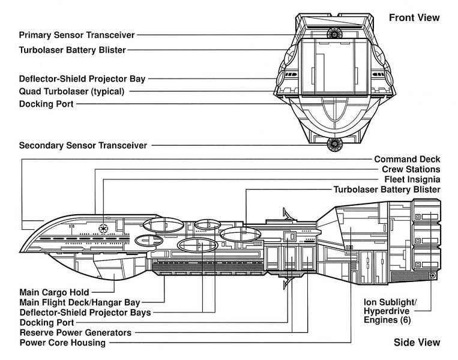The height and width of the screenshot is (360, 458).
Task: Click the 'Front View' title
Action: coord(414,17)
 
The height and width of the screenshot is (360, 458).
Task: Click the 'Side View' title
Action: coord(417,342)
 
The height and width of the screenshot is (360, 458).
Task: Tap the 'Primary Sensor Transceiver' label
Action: coord(77,35)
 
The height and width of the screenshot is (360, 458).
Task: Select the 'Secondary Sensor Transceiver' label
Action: coord(83,145)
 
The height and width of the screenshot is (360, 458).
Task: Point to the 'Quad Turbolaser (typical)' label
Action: coord(71,91)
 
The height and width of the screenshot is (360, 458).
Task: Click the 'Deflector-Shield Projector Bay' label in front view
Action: coord(82,79)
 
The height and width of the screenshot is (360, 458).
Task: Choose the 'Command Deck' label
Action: coord(407,159)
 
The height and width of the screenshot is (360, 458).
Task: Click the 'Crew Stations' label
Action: coord(411,169)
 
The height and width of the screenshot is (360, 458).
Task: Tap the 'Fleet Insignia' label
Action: coord(412,179)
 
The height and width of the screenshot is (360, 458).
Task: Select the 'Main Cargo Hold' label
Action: coord(54,292)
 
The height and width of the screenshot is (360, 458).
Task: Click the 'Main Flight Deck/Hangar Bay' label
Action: coord(80,302)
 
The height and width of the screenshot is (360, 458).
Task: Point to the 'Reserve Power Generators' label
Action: coord(76,332)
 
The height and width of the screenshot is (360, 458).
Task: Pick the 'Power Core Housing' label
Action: coord(62,343)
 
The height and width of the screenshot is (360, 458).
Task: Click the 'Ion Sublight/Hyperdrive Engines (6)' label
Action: coord(390,311)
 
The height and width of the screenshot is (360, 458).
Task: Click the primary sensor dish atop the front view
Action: coord(334,33)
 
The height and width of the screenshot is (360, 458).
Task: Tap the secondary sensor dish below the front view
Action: coord(334,144)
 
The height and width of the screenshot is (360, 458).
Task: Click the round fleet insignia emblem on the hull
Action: coord(103,228)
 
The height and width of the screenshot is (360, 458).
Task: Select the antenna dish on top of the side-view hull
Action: coord(288,214)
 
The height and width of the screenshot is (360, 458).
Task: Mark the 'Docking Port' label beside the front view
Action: coord(46,104)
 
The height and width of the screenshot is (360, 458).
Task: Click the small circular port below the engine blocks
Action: coord(433,275)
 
